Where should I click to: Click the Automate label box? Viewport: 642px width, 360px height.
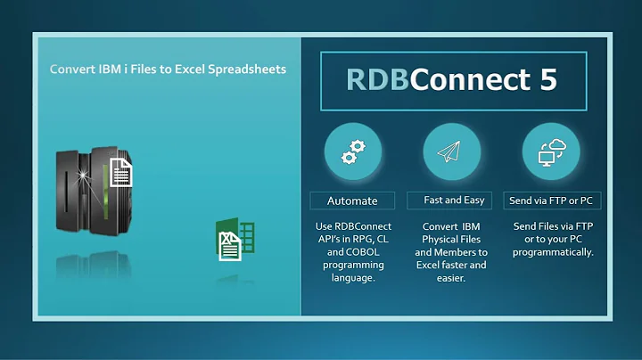tap(352, 200)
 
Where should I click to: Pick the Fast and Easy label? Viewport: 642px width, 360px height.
tap(452, 200)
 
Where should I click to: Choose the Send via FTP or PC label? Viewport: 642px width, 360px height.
tap(551, 200)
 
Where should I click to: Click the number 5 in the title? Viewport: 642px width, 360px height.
tap(547, 79)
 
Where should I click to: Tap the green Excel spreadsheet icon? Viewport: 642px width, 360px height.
tap(235, 241)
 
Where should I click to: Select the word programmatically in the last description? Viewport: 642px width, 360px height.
tap(553, 252)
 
